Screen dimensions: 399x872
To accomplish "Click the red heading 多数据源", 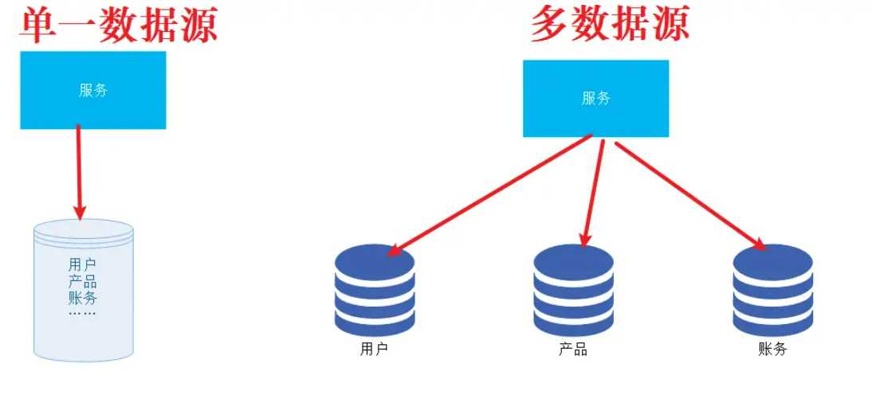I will pos(610,25).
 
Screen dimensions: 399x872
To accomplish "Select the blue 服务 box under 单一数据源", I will pos(92,90).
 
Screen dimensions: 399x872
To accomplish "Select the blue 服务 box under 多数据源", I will pos(595,98).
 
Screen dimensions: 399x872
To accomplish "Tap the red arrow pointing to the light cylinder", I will pos(79,171).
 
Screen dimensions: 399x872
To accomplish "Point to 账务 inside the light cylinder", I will pos(82,299).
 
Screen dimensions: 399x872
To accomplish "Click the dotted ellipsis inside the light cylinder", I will pos(82,314).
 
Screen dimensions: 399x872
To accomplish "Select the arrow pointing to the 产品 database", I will pos(595,191).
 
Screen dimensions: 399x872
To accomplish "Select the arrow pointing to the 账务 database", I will pos(689,195).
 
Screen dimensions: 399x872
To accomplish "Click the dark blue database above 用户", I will pos(375,291).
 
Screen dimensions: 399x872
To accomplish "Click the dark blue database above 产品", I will pos(573,291).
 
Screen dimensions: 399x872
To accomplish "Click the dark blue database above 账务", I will pos(772,291).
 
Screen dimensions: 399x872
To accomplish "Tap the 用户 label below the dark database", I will pos(374,349).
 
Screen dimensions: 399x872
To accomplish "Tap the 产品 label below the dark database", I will pos(573,349).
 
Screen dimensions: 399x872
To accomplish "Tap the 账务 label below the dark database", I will pos(772,349).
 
